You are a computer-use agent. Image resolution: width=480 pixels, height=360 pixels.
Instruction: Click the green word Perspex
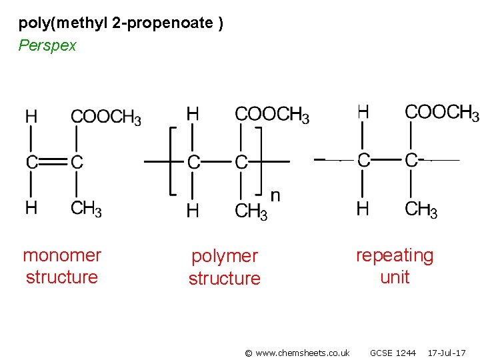[x=47, y=46]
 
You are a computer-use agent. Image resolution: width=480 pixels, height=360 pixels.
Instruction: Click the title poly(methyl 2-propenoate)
[x=121, y=24]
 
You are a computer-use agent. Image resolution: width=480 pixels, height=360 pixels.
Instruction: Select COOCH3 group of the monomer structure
[x=105, y=117]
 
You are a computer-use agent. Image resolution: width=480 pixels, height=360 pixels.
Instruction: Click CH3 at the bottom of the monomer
[x=86, y=209]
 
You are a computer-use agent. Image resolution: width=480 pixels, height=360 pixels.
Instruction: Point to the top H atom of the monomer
[x=31, y=117]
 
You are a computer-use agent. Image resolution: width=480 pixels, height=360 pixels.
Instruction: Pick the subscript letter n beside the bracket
[x=275, y=195]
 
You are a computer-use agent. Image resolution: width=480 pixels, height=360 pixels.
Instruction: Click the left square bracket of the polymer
[x=173, y=161]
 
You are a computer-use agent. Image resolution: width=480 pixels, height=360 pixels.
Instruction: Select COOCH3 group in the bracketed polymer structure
[x=272, y=115]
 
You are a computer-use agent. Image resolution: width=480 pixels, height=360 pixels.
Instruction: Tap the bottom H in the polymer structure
[x=193, y=211]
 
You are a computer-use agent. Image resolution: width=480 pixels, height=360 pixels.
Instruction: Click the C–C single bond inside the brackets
[x=217, y=161]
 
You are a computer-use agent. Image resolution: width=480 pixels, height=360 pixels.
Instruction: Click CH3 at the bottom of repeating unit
[x=421, y=209]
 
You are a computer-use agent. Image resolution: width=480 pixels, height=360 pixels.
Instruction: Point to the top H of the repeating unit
[x=363, y=111]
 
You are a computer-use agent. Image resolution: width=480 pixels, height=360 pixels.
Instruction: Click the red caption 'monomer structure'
[x=62, y=266]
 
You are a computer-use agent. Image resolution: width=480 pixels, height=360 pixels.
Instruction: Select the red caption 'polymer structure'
[x=225, y=267]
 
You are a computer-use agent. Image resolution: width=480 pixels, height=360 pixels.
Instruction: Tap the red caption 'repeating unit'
[x=395, y=266]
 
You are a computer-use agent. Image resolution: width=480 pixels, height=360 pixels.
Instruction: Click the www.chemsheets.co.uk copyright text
[x=297, y=353]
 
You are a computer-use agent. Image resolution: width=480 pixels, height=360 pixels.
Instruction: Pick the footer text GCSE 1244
[x=393, y=353]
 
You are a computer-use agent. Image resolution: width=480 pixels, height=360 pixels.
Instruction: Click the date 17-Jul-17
[x=447, y=353]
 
